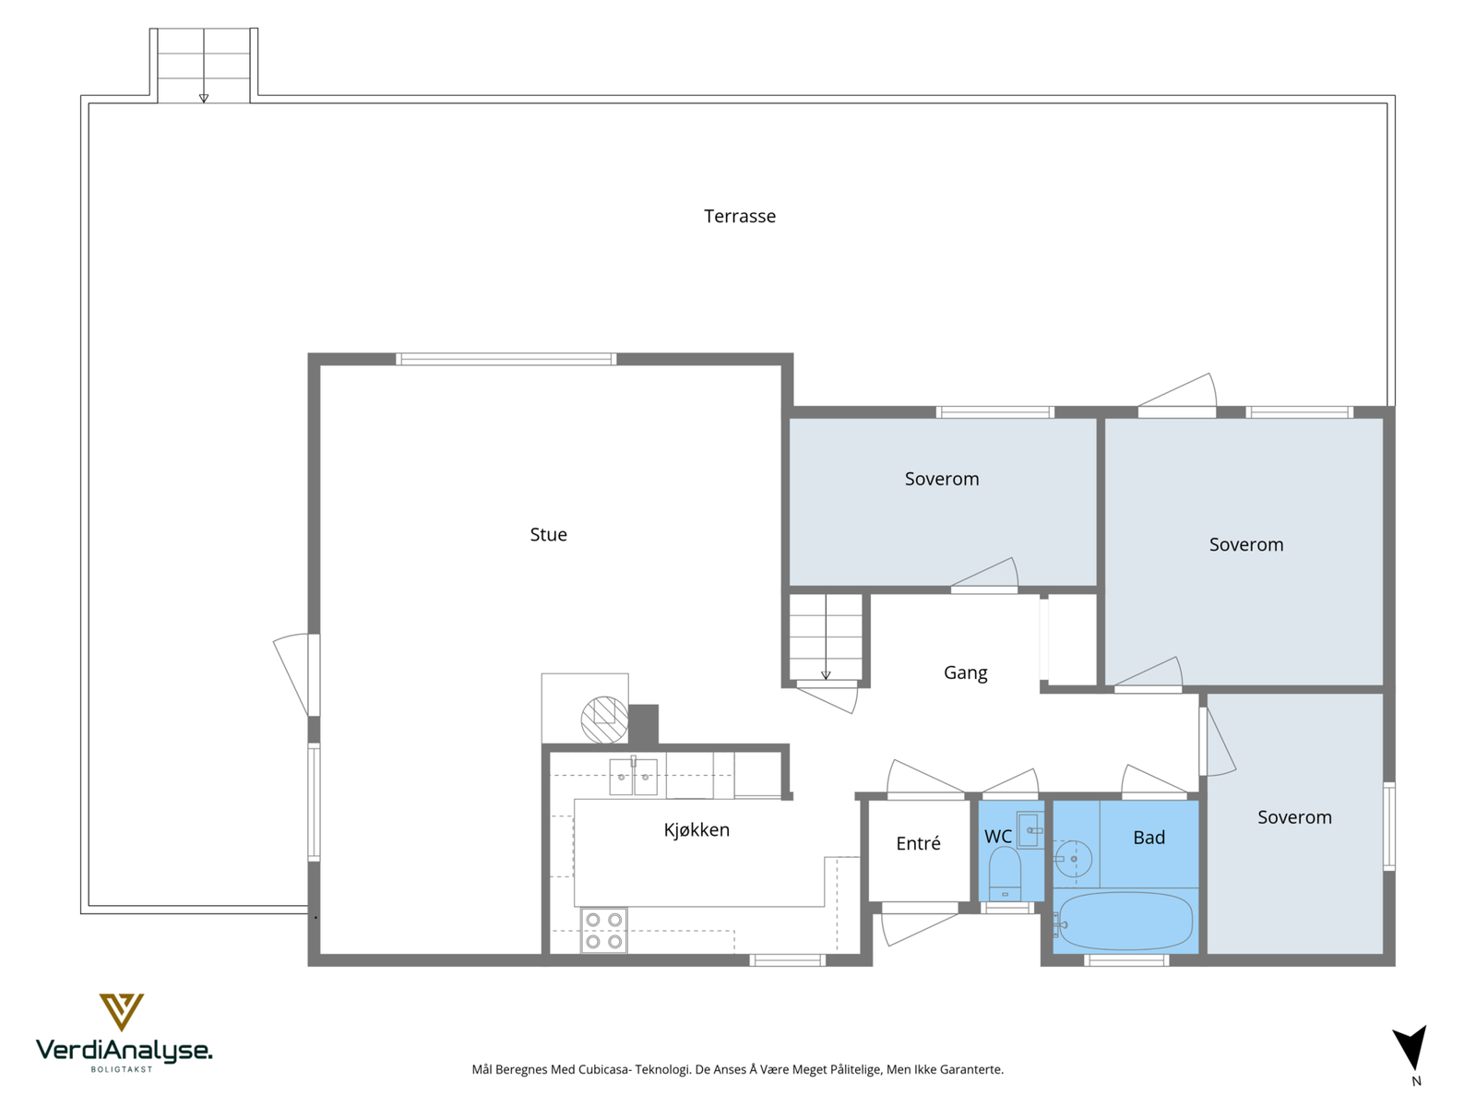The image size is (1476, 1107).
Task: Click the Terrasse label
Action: pos(739,216)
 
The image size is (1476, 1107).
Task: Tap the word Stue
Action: pos(548,534)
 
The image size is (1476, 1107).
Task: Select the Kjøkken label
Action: pos(696,829)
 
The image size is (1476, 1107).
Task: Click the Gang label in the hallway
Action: pos(965,673)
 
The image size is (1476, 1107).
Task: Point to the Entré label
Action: pos(918,843)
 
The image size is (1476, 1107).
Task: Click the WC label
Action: pos(998,836)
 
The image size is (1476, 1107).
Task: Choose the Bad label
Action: pos(1149,838)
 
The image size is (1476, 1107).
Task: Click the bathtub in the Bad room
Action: pos(1125,921)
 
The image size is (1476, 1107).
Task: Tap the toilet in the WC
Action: pos(1005,873)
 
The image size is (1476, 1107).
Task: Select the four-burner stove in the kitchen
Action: pos(603,930)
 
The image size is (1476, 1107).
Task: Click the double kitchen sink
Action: pos(633,777)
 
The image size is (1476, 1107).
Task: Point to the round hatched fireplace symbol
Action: pos(604,720)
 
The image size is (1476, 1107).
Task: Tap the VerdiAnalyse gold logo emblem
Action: pos(121,1012)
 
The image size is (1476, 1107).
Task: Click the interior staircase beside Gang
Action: pos(825,637)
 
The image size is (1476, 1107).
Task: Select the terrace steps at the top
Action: pos(204,65)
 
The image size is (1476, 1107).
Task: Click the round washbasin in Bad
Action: pos(1073,858)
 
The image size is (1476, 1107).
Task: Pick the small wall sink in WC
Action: pos(1030,830)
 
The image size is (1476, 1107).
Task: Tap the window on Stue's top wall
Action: pos(506,359)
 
